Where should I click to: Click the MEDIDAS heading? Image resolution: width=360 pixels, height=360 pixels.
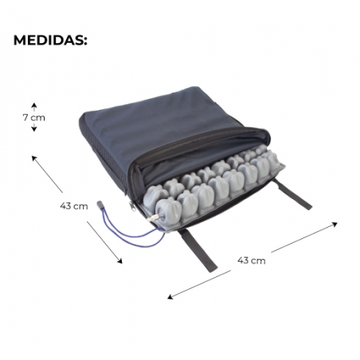[50, 41]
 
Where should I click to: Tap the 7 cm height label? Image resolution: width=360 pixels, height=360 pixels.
[34, 117]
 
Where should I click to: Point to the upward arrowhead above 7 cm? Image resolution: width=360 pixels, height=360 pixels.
[34, 105]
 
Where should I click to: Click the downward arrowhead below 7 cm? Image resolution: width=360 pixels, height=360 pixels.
[34, 129]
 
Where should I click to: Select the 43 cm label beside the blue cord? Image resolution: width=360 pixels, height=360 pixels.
[74, 205]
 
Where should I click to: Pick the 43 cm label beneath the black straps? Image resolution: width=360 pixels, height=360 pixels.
[252, 260]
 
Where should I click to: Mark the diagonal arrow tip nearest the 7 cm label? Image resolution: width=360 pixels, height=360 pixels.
[33, 157]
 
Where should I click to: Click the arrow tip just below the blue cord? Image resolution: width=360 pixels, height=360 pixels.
[121, 262]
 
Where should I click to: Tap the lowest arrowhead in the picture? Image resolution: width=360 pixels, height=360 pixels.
[169, 298]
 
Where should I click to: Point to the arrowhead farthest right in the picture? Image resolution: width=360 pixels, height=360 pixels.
[336, 224]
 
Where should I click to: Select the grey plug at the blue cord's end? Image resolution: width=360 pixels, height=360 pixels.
[100, 205]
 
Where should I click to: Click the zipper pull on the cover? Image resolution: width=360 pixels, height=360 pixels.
[131, 206]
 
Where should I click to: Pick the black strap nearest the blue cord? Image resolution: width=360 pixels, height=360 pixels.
[198, 250]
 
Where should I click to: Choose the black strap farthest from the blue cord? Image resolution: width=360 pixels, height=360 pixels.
[292, 194]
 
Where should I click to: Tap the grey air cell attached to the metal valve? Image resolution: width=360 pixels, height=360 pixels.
[168, 210]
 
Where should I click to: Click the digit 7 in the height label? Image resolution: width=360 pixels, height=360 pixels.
[25, 117]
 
